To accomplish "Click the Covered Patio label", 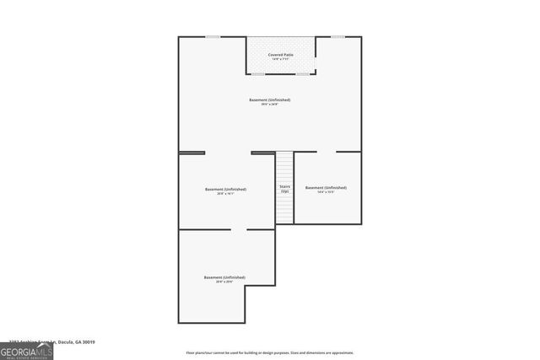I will click(280, 55).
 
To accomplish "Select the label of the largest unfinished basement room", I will click(269, 100).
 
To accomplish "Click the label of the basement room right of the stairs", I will click(326, 187).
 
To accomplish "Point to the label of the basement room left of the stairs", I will click(225, 189).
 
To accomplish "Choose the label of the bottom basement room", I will click(224, 277).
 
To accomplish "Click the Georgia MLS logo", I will click(26, 352).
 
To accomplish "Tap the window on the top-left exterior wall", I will click(213, 37).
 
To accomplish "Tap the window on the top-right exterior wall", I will click(337, 37).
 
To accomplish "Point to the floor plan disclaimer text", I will click(269, 352).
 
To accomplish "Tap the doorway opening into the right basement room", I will click(327, 153).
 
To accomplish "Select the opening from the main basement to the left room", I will click(228, 153).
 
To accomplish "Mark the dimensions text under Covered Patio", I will click(280, 60).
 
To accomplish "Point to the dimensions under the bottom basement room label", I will click(224, 282).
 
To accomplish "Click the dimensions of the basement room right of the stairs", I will click(326, 192).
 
